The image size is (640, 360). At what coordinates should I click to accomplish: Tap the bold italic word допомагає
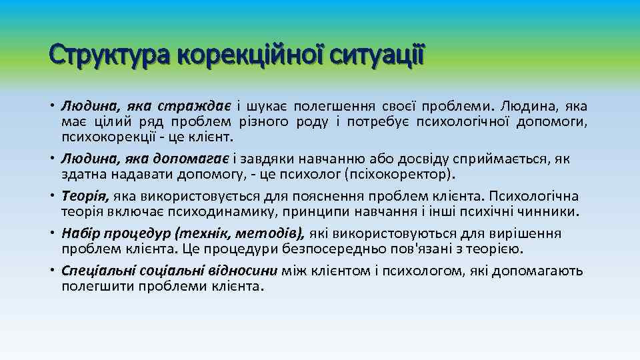pyautogui.click(x=191, y=159)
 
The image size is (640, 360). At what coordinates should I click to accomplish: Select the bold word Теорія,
pyautogui.click(x=86, y=196)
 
